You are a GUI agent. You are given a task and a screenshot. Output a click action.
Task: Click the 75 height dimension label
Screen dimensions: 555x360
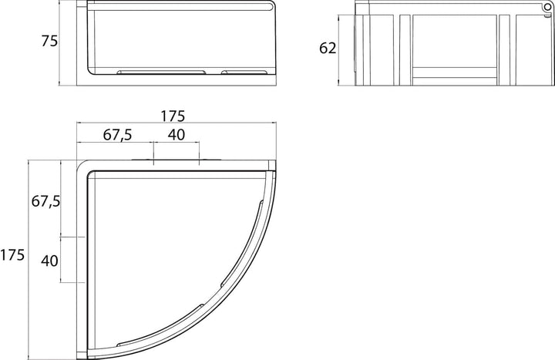pyautogui.click(x=49, y=41)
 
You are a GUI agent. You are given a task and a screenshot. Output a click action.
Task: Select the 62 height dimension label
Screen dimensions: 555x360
pyautogui.click(x=328, y=48)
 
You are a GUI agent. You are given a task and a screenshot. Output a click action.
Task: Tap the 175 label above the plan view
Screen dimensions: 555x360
pyautogui.click(x=173, y=116)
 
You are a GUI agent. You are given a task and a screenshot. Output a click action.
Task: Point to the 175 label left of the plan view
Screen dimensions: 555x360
pyautogui.click(x=12, y=255)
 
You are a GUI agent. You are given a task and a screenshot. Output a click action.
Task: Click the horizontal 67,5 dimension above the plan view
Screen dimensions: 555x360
pyautogui.click(x=117, y=135)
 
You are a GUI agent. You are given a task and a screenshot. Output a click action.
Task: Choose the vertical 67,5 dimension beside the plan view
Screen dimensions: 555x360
pyautogui.click(x=46, y=201)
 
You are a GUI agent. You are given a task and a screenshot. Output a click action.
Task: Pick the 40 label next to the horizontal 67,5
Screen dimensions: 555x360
pyautogui.click(x=177, y=134)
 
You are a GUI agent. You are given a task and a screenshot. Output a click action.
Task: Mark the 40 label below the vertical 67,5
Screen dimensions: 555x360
pyautogui.click(x=49, y=261)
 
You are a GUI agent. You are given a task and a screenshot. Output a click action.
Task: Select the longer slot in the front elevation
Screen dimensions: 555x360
pyautogui.click(x=161, y=72)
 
